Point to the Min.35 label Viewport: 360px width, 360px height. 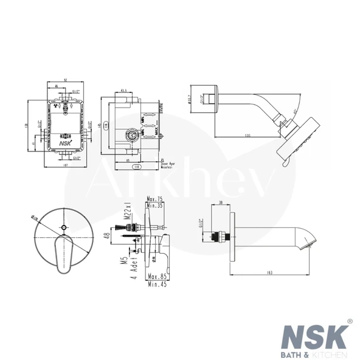point(156,206)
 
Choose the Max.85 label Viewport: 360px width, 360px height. point(157,277)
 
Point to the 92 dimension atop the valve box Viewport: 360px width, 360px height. point(65,80)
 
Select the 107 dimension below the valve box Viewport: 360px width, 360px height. point(65,165)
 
